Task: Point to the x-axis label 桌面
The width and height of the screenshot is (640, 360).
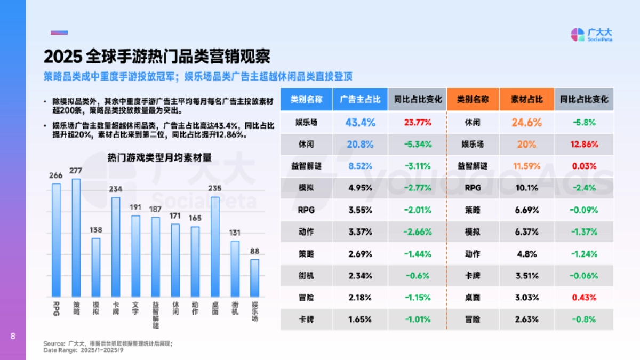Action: (215, 308)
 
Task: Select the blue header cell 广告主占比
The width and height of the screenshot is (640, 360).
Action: (360, 99)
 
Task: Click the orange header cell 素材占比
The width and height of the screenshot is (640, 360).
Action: (526, 99)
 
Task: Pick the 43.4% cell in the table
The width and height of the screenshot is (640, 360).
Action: (360, 122)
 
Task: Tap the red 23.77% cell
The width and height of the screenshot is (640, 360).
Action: (418, 122)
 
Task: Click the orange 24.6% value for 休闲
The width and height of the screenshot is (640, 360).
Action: (526, 122)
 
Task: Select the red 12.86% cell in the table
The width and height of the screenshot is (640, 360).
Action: (585, 144)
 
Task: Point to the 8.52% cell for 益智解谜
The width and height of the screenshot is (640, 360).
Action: (360, 166)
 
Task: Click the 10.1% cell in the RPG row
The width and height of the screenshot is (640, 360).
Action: (526, 188)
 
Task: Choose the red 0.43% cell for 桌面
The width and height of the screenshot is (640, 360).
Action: (585, 297)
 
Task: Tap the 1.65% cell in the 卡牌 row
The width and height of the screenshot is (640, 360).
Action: (360, 319)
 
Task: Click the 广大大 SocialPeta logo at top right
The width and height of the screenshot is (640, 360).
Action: (591, 35)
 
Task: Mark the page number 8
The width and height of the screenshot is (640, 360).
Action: (13, 336)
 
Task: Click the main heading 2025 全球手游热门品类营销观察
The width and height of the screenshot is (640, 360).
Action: (157, 56)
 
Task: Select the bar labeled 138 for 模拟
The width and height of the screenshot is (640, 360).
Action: (96, 267)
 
